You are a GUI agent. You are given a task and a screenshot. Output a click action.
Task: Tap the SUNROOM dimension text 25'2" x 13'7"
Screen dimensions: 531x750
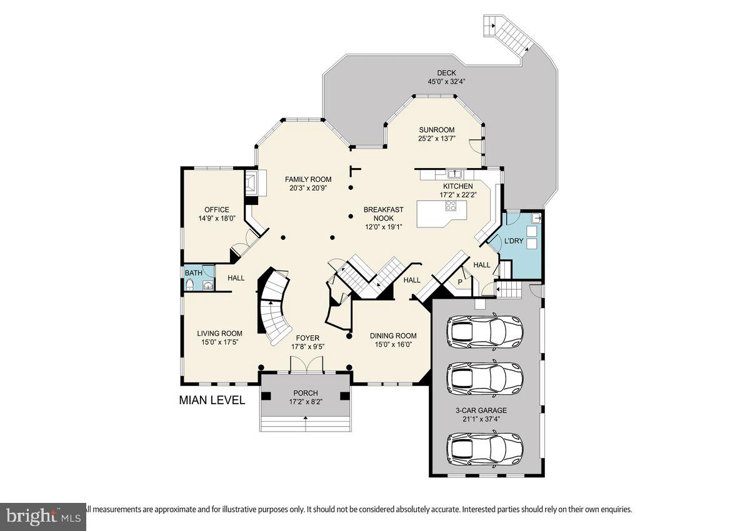click(437, 139)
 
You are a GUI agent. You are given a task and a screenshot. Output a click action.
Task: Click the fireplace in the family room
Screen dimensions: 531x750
click(251, 182)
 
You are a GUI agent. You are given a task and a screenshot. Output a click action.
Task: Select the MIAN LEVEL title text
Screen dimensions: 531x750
click(212, 400)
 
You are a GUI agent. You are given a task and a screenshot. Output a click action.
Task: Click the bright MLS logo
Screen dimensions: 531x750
click(42, 517)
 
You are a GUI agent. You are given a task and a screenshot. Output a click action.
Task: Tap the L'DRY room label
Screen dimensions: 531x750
click(514, 241)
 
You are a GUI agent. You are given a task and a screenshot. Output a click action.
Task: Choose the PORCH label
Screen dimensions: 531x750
click(306, 393)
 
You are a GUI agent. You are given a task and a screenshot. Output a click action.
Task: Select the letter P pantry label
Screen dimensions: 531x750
click(461, 282)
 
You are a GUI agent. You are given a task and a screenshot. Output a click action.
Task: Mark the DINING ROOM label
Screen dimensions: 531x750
click(392, 335)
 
